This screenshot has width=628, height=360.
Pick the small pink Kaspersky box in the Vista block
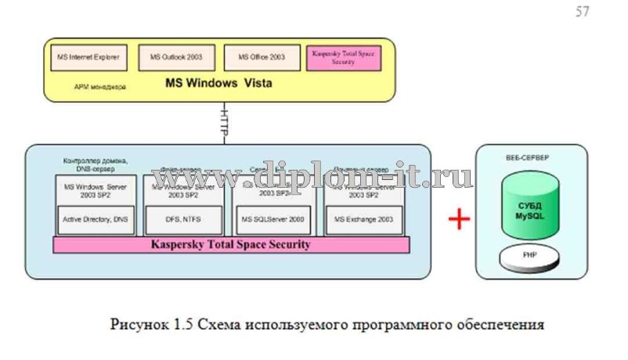click(344, 57)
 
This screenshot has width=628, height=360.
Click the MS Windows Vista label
click(218, 83)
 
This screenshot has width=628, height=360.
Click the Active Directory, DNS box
click(95, 219)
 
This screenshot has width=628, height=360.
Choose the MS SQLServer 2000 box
click(274, 219)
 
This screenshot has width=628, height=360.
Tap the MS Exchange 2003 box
click(364, 219)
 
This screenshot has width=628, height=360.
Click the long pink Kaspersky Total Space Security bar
click(231, 245)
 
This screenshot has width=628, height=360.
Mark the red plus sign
click(459, 218)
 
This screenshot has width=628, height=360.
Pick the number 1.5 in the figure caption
click(186, 322)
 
